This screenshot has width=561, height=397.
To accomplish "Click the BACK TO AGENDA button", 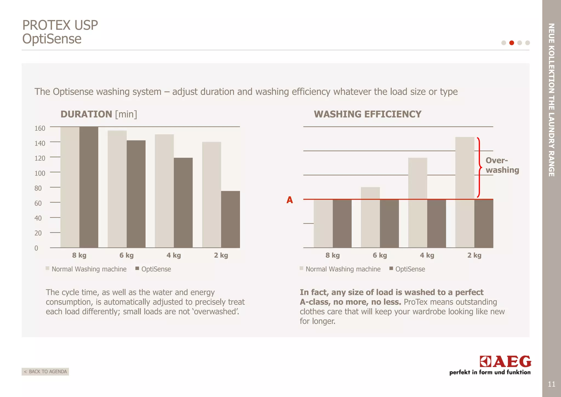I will coord(45,372).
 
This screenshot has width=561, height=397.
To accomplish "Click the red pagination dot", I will coord(511,43).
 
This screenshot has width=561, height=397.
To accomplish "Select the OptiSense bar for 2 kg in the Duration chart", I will coord(230,219).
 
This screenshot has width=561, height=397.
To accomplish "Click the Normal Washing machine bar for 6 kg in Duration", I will coord(117,189).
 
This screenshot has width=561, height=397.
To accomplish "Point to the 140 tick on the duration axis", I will coord(40,143).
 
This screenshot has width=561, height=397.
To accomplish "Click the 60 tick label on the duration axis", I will coord(38,203).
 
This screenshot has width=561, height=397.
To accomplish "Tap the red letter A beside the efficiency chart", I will coord(290,200).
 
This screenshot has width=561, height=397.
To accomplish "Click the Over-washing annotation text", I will coord(502,165).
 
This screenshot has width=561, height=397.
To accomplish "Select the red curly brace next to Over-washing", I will coord(479,167).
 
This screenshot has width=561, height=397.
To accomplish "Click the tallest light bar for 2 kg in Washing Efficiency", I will coord(465,192).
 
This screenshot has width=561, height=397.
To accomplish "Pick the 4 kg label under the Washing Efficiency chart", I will coord(427,255).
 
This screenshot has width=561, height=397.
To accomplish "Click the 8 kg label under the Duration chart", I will coord(79,255).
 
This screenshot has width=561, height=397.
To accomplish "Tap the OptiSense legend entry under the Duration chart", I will coord(153,269).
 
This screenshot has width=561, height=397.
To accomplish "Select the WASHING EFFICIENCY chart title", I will coord(367,114).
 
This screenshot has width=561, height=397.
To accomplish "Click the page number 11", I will coord(551,384).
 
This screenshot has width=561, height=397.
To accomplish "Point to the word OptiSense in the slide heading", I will coord(52,39).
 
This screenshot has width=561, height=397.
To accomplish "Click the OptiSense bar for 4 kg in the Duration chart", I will coord(183,203).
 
